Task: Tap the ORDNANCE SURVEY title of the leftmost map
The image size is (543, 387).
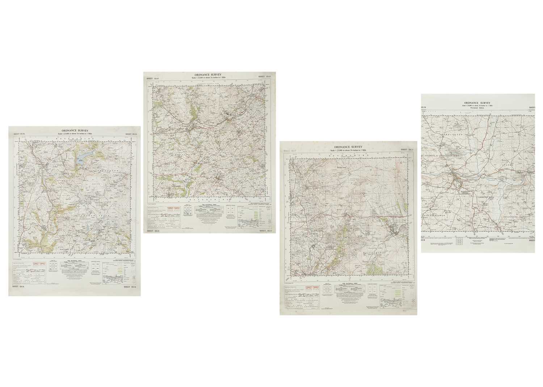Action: click(75, 131)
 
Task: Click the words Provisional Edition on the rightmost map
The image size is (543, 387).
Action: click(478, 108)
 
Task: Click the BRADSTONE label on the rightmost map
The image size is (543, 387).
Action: click(510, 216)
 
